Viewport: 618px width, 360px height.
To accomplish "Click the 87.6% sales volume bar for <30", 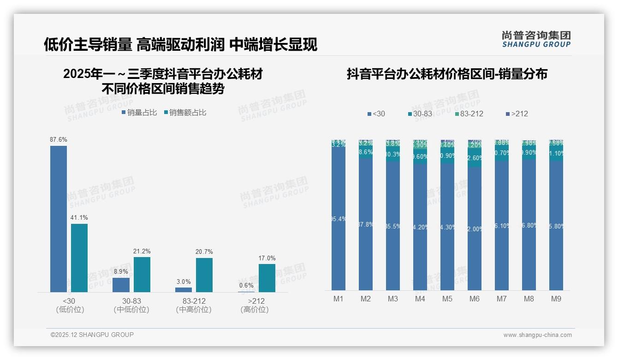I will [x=59, y=219].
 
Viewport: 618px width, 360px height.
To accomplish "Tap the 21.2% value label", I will [x=142, y=252].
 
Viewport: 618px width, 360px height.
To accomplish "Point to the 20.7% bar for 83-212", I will [x=204, y=275].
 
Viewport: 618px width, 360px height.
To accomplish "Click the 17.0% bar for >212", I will [x=267, y=278].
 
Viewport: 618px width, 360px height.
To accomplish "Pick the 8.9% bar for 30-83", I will [x=121, y=285].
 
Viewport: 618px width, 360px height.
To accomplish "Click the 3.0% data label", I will [x=184, y=282].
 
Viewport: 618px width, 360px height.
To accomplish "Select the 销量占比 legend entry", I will [x=139, y=113].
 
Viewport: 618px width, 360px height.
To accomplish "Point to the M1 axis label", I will [x=339, y=299].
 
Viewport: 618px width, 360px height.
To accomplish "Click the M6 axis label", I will [x=475, y=299].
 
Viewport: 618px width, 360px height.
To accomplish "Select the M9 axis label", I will [x=556, y=299].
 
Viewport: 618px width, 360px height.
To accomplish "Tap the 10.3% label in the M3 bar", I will [x=392, y=155].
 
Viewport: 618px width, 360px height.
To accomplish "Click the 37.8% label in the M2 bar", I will [x=365, y=225].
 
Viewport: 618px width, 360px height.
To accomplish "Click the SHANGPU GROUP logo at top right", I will [x=536, y=39].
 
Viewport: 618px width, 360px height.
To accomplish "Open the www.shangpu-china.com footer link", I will [x=537, y=335].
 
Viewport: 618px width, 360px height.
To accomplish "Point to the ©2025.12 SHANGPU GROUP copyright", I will [x=92, y=335].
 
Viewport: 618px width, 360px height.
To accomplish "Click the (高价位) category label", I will [x=254, y=310].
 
